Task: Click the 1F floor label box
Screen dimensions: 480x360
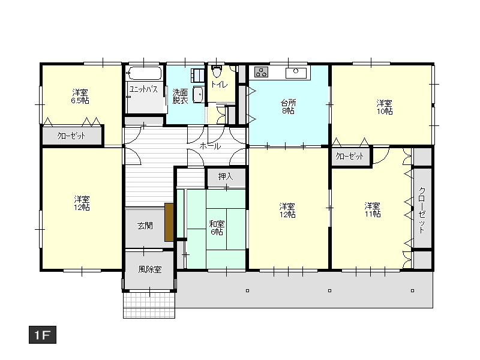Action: tap(43, 335)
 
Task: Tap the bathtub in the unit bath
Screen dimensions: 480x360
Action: tap(144, 73)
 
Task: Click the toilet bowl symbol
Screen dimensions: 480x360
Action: tap(217, 71)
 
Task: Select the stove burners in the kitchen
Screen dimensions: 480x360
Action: tap(262, 72)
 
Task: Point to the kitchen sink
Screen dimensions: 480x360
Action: tap(296, 73)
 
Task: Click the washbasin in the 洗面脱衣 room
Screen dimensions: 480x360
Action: tap(198, 95)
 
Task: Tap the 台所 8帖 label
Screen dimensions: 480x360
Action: tap(289, 107)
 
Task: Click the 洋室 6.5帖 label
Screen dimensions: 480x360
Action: tap(80, 97)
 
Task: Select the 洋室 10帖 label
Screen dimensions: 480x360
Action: tap(385, 107)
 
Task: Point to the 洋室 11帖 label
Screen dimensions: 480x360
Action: tap(373, 209)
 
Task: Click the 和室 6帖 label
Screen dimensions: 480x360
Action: tap(217, 228)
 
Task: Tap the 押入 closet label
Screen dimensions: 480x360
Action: tap(226, 176)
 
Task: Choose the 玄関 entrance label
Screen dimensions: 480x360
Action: tap(145, 226)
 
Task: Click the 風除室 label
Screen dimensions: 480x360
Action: tap(149, 269)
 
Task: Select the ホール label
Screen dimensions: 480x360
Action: tap(210, 146)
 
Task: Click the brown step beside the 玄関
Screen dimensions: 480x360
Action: tap(169, 222)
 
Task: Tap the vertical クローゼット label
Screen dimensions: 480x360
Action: tap(422, 211)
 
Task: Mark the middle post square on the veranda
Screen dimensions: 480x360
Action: tap(329, 290)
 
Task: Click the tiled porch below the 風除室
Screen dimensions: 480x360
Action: tap(149, 305)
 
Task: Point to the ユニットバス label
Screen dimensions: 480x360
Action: tap(143, 89)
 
